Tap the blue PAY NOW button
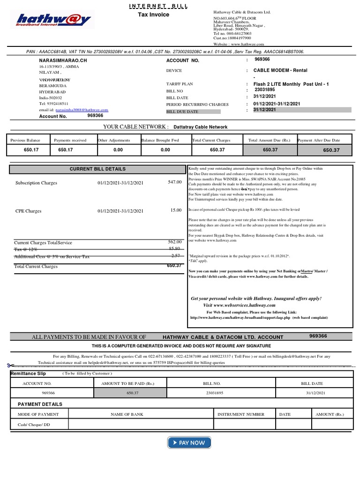point(189,442)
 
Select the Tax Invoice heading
point(153,15)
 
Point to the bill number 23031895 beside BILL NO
point(264,90)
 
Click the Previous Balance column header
point(25,140)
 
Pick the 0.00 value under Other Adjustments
point(118,150)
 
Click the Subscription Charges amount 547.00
point(174,182)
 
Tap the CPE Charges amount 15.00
point(176,210)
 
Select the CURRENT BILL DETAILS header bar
point(97,169)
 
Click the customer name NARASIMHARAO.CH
point(63,61)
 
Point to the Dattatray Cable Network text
point(200,127)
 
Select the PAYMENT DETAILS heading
point(40,404)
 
